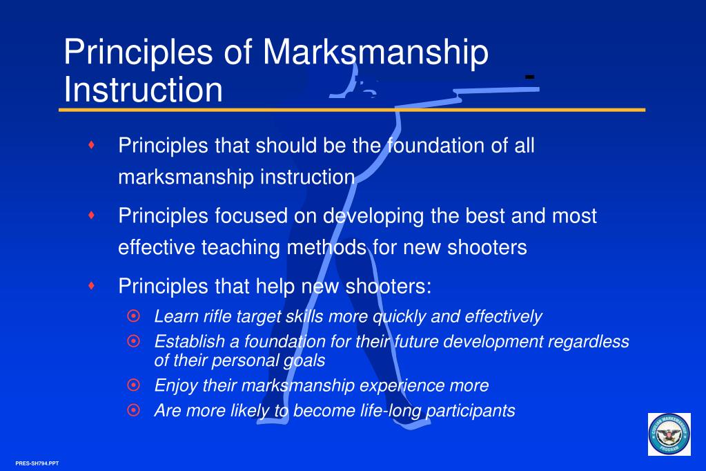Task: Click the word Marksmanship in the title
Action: [375, 53]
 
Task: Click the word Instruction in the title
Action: [143, 89]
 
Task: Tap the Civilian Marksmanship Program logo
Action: [669, 434]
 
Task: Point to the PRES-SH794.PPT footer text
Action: [37, 463]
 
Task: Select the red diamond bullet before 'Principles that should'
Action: [91, 144]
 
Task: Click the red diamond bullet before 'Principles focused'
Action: [91, 215]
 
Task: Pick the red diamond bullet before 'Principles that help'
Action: [91, 285]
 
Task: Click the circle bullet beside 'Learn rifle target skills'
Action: [133, 316]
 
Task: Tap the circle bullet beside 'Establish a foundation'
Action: [133, 341]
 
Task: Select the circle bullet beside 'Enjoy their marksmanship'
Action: [133, 385]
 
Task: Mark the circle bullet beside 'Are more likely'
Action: [133, 410]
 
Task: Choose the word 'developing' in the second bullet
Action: [373, 217]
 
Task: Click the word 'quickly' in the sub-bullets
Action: [400, 317]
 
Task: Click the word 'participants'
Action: [470, 411]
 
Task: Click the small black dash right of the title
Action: [530, 77]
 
